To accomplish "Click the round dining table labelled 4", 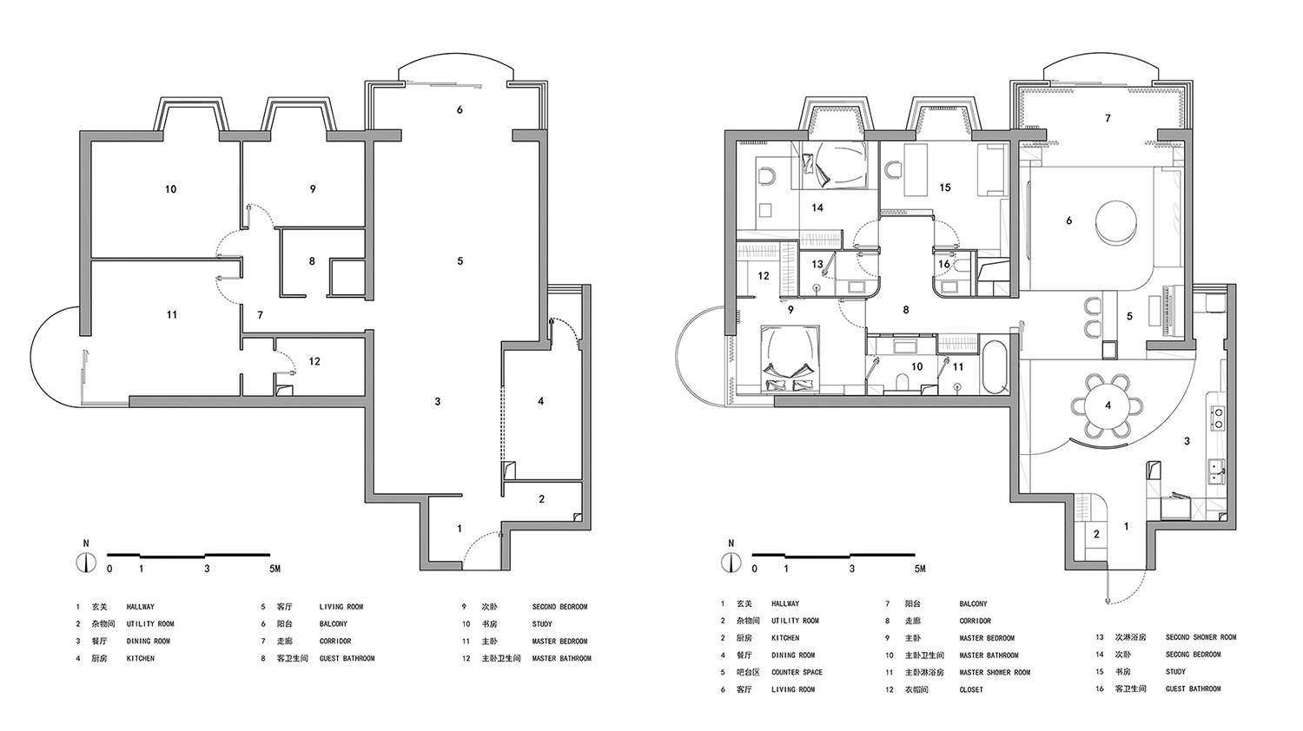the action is click(x=1108, y=405).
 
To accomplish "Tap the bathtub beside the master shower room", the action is click(x=995, y=367).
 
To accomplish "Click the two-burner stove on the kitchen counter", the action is click(x=1217, y=418).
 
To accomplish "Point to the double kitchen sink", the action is click(x=1217, y=471).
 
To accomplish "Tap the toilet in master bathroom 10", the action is click(x=903, y=381).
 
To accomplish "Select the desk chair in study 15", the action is click(x=891, y=170).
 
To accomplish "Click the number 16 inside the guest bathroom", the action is click(x=944, y=264).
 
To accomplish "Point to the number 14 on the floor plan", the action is click(x=817, y=207).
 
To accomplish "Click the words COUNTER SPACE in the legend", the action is click(x=797, y=672).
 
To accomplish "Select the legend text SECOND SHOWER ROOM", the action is click(x=1200, y=637).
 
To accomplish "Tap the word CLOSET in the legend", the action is click(x=971, y=689).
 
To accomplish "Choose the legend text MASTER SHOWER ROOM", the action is click(x=995, y=672).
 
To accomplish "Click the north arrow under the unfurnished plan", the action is click(x=85, y=563).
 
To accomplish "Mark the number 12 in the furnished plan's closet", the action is click(x=764, y=276).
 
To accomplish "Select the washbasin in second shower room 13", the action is click(x=852, y=286).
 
